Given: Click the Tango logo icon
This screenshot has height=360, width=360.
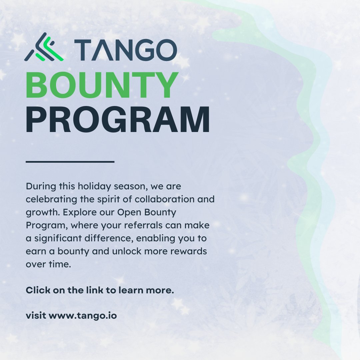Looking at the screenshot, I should (x=44, y=48).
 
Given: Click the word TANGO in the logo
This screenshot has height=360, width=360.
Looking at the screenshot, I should (x=125, y=50).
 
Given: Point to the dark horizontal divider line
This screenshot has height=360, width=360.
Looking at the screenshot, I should (x=70, y=162).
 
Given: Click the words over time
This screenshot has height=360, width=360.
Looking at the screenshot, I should (x=48, y=265).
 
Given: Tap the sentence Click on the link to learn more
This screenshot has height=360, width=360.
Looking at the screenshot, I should (x=100, y=290).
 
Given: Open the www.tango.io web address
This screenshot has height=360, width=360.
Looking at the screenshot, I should (x=83, y=315).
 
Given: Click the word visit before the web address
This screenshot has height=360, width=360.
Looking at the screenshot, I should (x=36, y=315).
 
